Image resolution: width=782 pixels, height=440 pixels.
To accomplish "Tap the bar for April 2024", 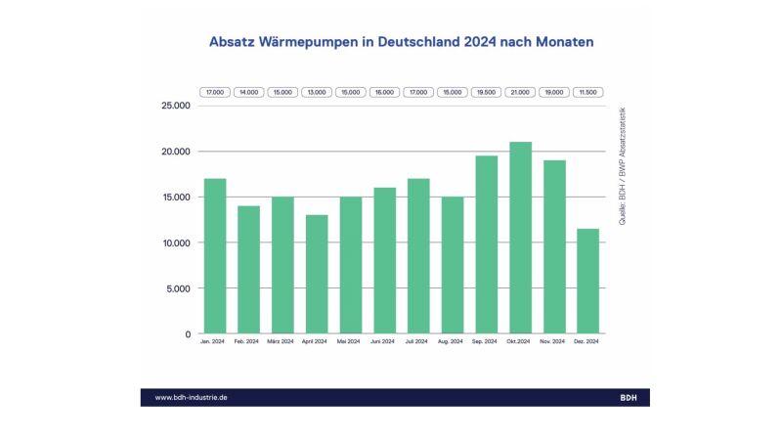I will [x=316, y=275].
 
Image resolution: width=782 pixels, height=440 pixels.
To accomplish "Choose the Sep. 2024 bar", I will [x=486, y=244].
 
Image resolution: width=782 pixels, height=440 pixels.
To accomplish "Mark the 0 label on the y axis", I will [x=187, y=334].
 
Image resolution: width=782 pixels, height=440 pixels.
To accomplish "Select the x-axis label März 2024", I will [x=282, y=342].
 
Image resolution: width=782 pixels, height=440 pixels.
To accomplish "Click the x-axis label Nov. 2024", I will [x=554, y=342].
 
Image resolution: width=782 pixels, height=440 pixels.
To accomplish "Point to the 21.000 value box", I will [x=520, y=92].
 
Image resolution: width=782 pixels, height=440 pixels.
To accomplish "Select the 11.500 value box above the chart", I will [x=587, y=92].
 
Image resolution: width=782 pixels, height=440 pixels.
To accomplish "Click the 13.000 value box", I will [x=316, y=92].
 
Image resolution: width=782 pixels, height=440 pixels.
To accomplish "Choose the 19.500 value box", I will [x=486, y=92].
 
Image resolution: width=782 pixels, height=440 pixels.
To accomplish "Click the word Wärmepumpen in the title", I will [x=311, y=43].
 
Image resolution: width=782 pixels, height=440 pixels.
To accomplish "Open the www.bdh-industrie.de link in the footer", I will [x=192, y=397].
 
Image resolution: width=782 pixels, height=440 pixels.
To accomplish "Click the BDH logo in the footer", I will [x=629, y=397].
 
